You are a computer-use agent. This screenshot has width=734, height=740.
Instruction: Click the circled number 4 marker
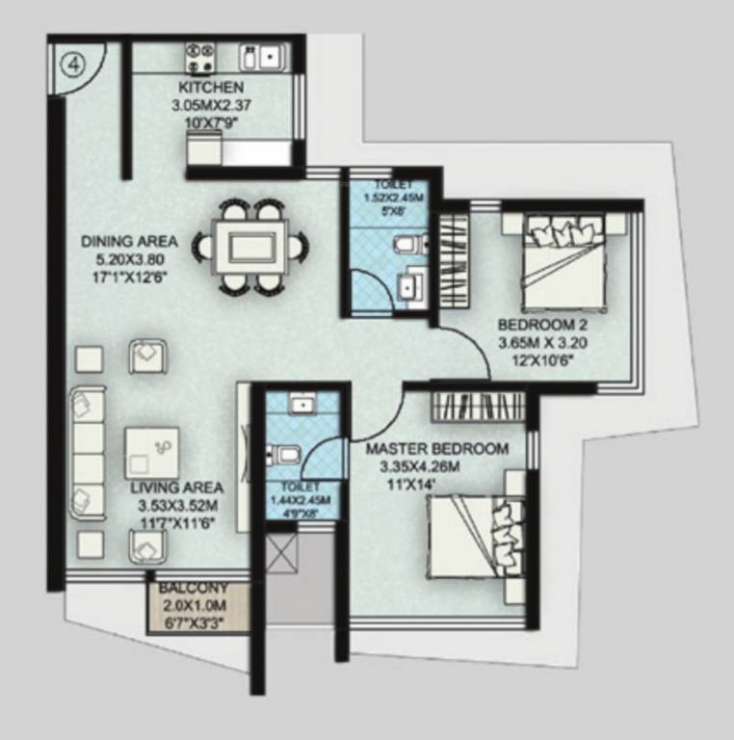(73, 65)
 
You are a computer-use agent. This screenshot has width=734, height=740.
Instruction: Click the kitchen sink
(261, 55)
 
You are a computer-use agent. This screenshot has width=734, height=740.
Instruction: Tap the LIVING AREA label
(176, 488)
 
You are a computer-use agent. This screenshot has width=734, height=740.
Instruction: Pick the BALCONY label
(194, 588)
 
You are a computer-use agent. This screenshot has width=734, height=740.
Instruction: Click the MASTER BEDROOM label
(436, 449)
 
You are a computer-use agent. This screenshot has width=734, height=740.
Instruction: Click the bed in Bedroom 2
(563, 256)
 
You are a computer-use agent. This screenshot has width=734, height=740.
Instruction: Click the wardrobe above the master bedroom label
(478, 406)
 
